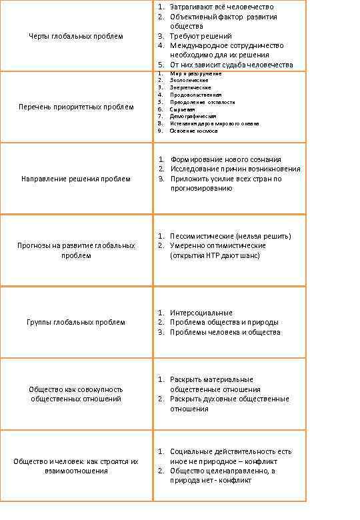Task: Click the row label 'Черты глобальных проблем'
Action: [x=76, y=36]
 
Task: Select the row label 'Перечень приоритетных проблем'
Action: [x=76, y=107]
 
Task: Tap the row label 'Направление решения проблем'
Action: [x=76, y=179]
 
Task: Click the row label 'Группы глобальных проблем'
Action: [x=76, y=322]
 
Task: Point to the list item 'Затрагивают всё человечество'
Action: [x=221, y=7]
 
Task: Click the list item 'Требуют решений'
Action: [x=201, y=36]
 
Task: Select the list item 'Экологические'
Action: [x=189, y=80]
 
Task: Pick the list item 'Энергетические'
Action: [x=191, y=87]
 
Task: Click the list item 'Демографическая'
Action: [x=193, y=116]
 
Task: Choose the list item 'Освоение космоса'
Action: [x=193, y=131]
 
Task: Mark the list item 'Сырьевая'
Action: [x=183, y=109]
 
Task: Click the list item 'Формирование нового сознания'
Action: [x=225, y=160]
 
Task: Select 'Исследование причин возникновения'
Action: [x=235, y=169]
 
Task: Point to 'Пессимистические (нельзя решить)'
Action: [x=231, y=236]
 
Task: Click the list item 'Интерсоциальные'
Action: [x=201, y=313]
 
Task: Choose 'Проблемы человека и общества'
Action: [x=225, y=332]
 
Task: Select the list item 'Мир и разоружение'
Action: [x=196, y=73]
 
